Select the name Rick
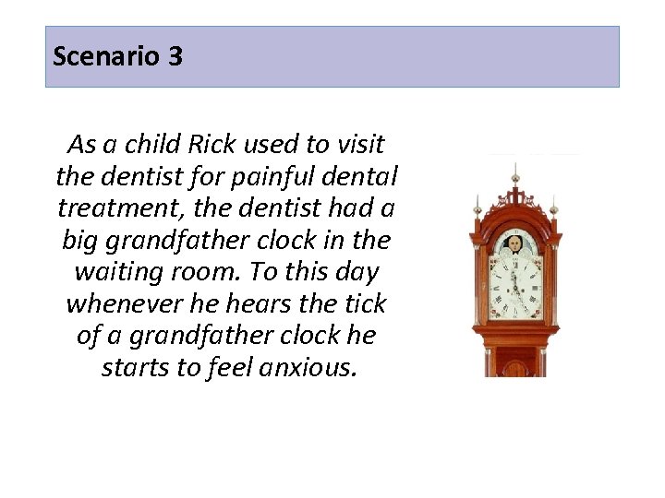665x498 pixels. pos(212,145)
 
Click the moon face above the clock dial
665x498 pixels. pos(514,245)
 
